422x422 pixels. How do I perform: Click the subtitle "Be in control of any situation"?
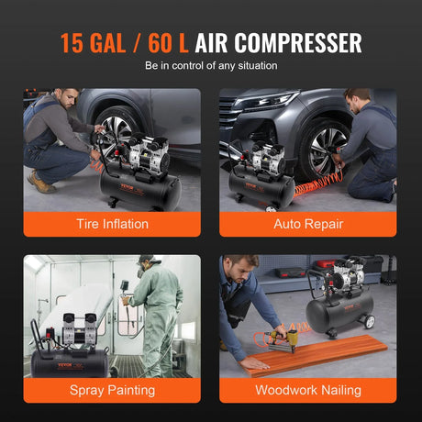point(210,66)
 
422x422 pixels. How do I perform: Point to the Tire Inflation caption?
point(112,223)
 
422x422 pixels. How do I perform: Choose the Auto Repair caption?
point(307,223)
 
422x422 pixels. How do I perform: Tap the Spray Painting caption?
point(112,390)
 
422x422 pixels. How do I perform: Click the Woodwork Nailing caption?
point(307,390)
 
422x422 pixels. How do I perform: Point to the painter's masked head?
point(146,267)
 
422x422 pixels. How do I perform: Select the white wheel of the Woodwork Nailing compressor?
point(370,322)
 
